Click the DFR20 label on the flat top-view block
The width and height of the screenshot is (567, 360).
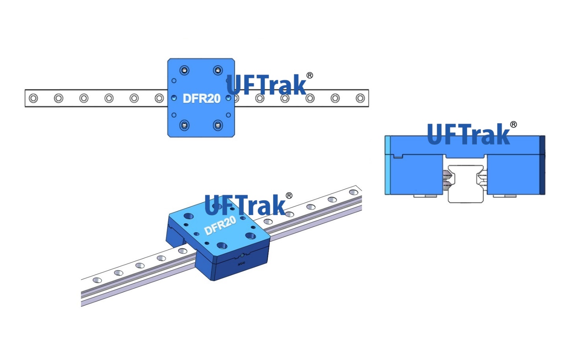tap(201, 98)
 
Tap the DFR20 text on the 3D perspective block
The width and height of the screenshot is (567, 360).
tap(220, 225)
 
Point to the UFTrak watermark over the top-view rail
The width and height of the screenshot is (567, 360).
tap(266, 85)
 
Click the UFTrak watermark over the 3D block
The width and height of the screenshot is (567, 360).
tap(245, 205)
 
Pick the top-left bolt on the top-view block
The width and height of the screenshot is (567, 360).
tap(184, 71)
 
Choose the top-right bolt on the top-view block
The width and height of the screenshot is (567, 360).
tap(218, 71)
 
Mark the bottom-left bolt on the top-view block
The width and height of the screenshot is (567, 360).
tap(184, 125)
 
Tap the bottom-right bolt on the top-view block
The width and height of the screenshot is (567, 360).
tap(218, 125)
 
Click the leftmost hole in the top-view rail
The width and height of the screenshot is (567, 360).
tap(33, 98)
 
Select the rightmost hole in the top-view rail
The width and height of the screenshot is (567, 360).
tap(360, 98)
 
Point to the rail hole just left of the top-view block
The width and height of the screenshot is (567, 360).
tap(159, 98)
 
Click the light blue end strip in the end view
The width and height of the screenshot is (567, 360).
tap(387, 165)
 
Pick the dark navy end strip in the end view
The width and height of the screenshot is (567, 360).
tap(542, 165)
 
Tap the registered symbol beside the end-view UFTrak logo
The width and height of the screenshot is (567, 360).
tap(513, 125)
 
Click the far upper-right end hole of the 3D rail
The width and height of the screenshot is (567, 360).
tap(354, 193)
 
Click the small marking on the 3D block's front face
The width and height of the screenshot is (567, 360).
tap(241, 263)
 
